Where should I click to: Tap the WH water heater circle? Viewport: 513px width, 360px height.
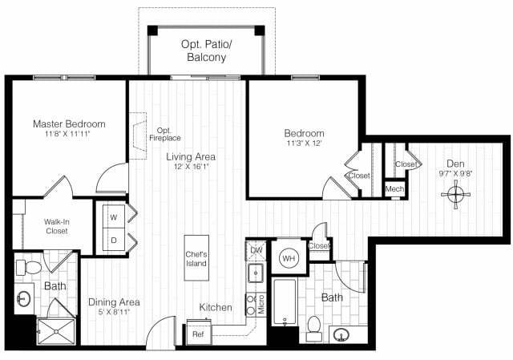(x=288, y=259)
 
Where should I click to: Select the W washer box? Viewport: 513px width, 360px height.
(x=112, y=217)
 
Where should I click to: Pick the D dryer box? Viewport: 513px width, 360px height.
(x=112, y=240)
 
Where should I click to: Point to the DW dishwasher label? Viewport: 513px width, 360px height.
(x=256, y=250)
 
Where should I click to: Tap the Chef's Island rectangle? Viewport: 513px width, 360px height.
(x=196, y=258)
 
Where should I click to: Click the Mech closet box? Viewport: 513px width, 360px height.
(x=394, y=188)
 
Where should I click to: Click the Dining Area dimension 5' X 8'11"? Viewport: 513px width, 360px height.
(x=114, y=313)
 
